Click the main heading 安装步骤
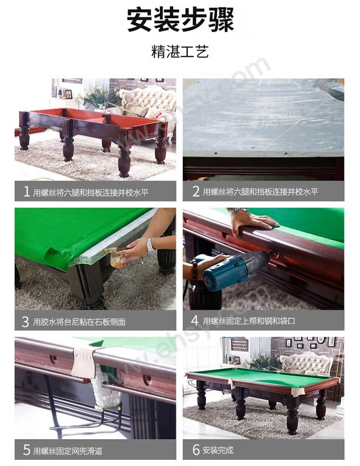point(180,20)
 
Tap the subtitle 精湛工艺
point(180,51)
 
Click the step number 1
point(26,192)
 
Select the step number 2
point(196,191)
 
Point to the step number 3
point(25,322)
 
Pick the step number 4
point(195,320)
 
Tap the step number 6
point(196,449)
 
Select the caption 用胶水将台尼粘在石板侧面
point(79,322)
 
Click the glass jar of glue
point(117,259)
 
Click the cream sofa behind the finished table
point(306,363)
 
